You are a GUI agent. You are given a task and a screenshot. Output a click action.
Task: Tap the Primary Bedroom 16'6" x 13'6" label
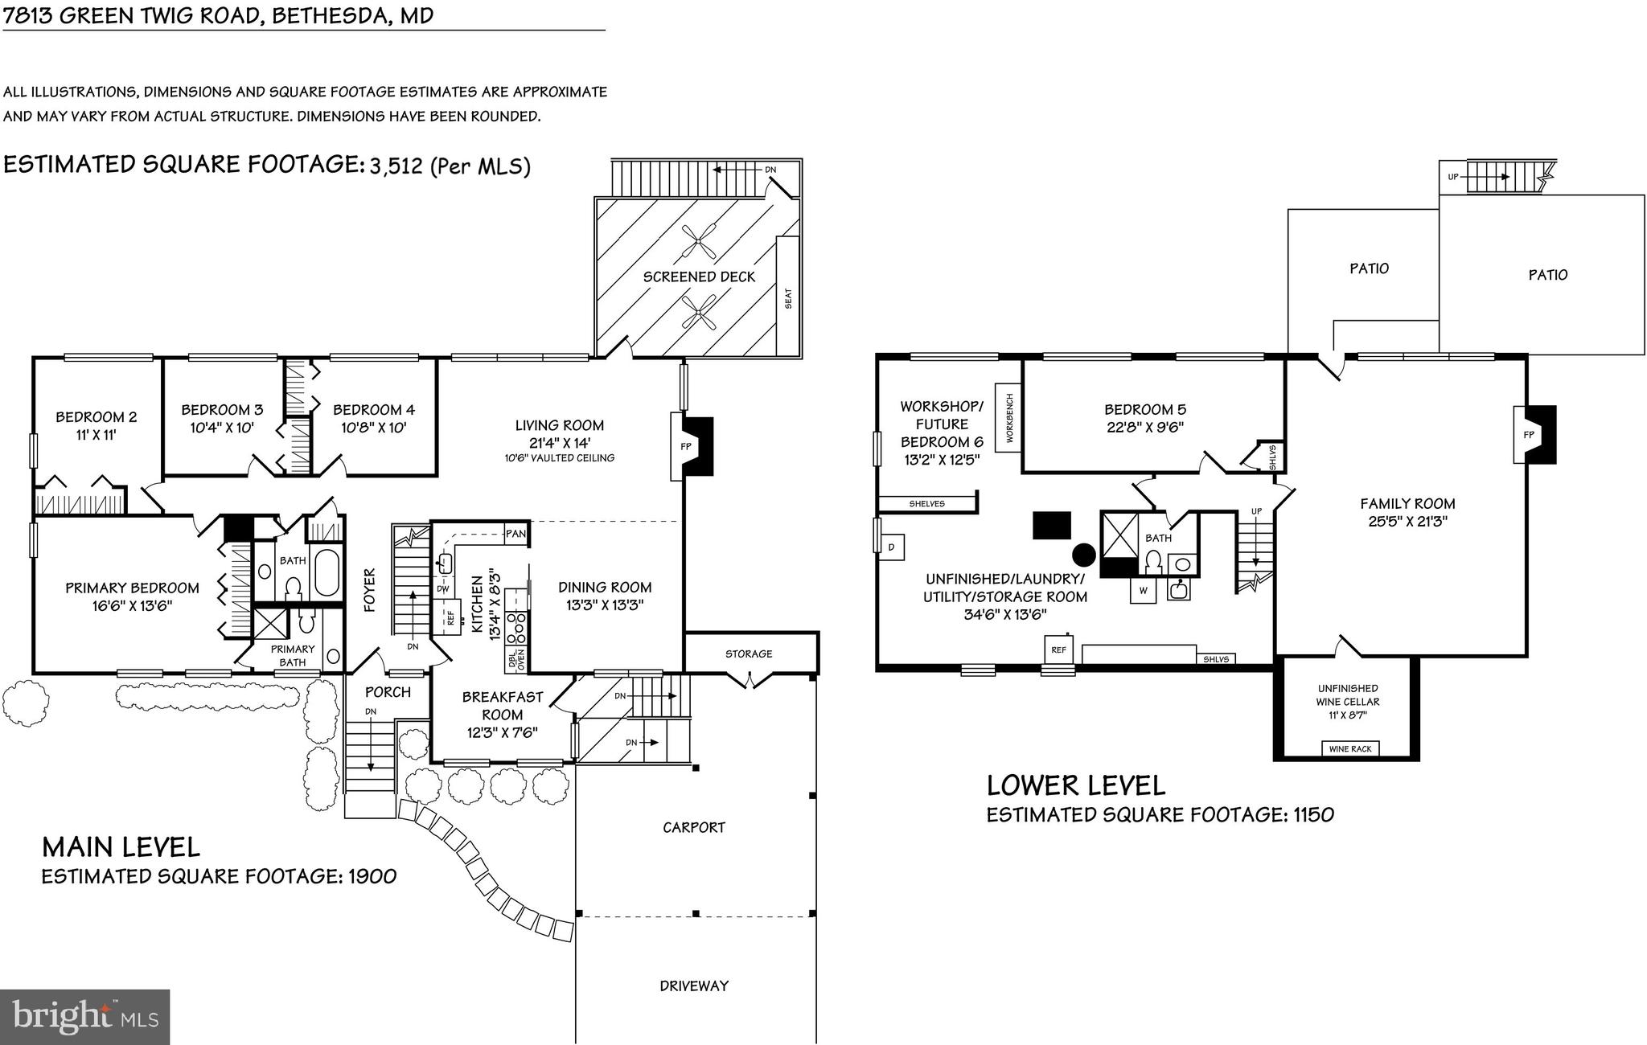(132, 596)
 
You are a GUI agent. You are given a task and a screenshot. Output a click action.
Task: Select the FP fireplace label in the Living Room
(685, 446)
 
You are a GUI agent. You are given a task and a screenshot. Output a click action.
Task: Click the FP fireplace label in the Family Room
(1528, 435)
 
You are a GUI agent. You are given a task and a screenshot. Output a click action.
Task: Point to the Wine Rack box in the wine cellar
(1350, 748)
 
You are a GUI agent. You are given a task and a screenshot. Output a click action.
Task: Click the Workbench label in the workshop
(1008, 419)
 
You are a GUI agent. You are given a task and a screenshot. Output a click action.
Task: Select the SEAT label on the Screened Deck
(788, 298)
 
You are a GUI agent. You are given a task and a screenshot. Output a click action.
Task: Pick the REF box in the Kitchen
(450, 617)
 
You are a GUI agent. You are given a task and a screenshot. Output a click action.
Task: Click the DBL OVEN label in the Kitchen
(515, 660)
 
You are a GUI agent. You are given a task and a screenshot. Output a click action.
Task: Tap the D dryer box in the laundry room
(891, 547)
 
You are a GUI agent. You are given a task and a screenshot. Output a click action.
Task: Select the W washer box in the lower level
(1142, 591)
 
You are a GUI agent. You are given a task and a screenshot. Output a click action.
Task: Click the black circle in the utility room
(1083, 554)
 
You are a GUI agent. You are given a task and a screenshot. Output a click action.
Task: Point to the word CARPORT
(693, 827)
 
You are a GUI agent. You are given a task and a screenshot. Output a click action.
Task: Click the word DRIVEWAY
(693, 986)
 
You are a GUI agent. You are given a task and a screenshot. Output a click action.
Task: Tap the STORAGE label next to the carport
(748, 654)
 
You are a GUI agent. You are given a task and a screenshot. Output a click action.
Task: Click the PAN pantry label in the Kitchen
(515, 534)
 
